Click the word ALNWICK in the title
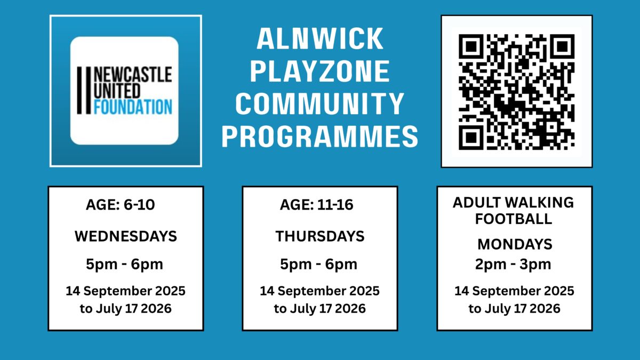click(320, 39)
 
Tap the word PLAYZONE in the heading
click(320, 71)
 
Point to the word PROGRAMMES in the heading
click(320, 137)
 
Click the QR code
click(517, 92)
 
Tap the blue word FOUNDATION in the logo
click(133, 107)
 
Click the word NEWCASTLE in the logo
click(133, 75)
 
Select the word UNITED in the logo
click(117, 91)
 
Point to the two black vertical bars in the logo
click(84, 91)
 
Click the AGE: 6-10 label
click(121, 205)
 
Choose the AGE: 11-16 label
click(317, 205)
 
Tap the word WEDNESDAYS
click(126, 236)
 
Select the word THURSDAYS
click(320, 236)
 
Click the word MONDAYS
click(515, 244)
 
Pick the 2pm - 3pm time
click(513, 265)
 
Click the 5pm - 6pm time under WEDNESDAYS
click(125, 265)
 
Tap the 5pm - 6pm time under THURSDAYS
click(318, 265)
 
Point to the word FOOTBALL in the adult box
click(514, 219)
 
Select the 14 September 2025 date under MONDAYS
click(514, 291)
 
